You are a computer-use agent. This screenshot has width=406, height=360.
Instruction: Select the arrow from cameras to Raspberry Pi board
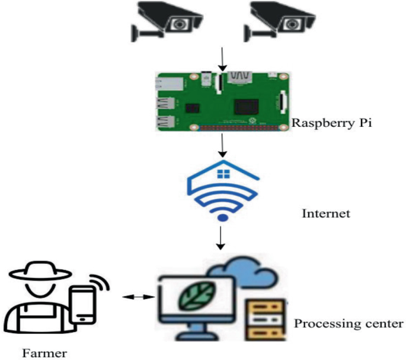pyautogui.click(x=221, y=60)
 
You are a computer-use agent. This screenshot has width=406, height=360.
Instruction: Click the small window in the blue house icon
pyautogui.click(x=223, y=174)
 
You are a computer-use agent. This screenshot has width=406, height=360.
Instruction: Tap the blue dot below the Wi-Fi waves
pyautogui.click(x=222, y=218)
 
